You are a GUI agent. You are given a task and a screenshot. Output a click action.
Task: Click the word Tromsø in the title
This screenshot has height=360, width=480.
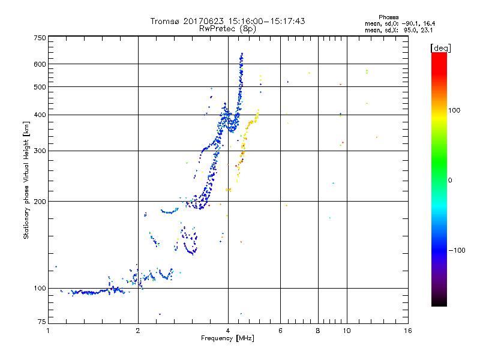click(164, 21)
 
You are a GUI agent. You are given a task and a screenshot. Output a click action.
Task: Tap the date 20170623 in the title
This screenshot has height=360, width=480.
click(201, 21)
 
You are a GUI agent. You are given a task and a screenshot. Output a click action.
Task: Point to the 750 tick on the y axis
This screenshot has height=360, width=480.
click(40, 38)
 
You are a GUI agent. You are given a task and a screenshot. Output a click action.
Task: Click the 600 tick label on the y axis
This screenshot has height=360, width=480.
click(40, 64)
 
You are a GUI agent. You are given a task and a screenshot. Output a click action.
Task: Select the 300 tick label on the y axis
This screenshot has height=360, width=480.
click(40, 151)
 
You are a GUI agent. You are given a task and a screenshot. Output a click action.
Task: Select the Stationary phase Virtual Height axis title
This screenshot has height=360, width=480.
click(26, 180)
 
